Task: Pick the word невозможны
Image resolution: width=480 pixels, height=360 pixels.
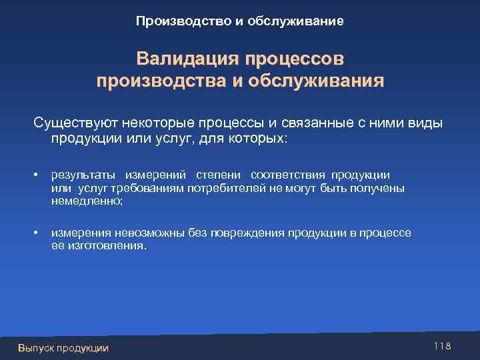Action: point(139,233)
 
